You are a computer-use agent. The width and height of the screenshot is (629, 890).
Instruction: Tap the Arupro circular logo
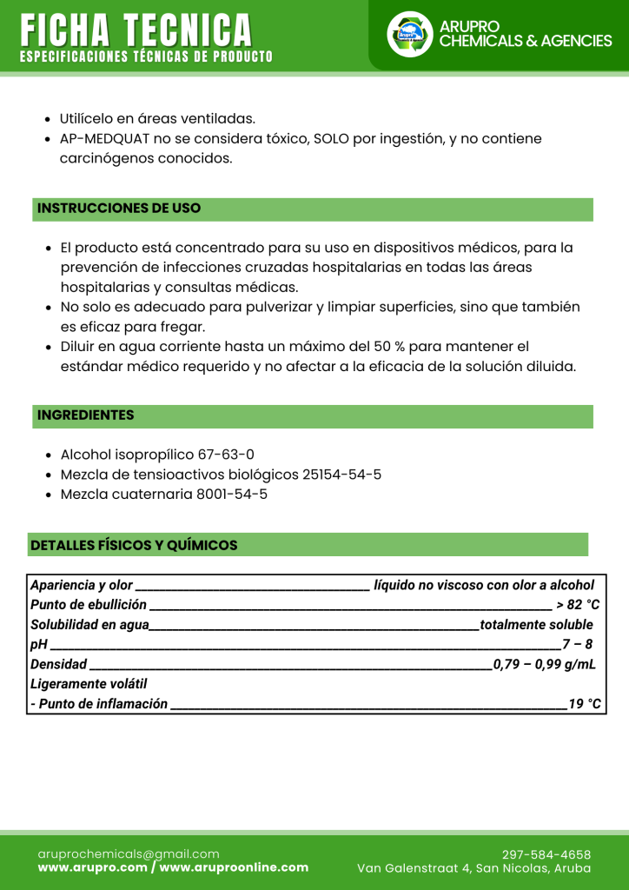pyautogui.click(x=409, y=35)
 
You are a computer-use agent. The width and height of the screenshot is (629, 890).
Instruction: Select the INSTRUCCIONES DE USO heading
pyautogui.click(x=119, y=209)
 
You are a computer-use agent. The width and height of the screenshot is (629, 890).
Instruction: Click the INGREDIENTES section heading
pyautogui.click(x=86, y=415)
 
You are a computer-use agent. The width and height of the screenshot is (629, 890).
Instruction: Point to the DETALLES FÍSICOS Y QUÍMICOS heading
pyautogui.click(x=134, y=545)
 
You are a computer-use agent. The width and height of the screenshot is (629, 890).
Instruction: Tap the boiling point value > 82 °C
pyautogui.click(x=578, y=605)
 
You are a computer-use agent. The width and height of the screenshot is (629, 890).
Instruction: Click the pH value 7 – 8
pyautogui.click(x=577, y=645)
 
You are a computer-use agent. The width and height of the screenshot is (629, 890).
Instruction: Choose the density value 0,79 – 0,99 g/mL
pyautogui.click(x=545, y=665)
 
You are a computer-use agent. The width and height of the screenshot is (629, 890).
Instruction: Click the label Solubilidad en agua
pyautogui.click(x=89, y=625)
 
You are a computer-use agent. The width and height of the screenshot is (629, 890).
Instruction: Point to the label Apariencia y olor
pyautogui.click(x=82, y=585)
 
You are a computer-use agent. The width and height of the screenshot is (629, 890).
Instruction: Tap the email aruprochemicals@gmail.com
pyautogui.click(x=129, y=854)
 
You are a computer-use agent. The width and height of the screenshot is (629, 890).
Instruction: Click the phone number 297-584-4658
pyautogui.click(x=546, y=854)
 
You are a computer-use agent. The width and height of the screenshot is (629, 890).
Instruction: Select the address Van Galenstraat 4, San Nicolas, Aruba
pyautogui.click(x=474, y=868)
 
